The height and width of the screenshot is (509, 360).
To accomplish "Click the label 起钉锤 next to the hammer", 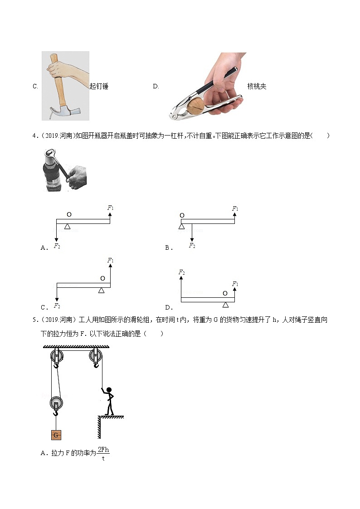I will pos(99,86).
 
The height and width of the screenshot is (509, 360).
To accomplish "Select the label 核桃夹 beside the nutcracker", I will pos(257,86).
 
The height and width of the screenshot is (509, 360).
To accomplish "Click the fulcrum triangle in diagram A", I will pos(68,226).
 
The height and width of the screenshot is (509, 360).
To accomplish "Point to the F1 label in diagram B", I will pos(235,208).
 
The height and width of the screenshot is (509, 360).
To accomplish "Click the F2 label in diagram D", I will pos(181,272).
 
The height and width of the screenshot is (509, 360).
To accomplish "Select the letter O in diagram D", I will pos(225,293).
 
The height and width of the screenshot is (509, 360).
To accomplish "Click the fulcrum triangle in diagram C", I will pos(102,290).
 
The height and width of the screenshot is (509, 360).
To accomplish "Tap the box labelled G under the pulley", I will pos(56,435).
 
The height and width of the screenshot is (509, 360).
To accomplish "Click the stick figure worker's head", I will pos(109,389).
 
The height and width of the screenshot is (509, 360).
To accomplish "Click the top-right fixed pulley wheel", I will pos(96,356).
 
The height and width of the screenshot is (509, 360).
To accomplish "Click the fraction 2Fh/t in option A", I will pos(103,454).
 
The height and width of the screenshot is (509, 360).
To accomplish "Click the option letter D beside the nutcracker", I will pos(156,86).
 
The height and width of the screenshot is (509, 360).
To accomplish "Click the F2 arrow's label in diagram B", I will pos(192,245).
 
